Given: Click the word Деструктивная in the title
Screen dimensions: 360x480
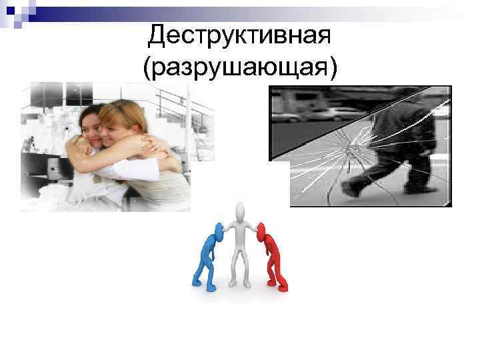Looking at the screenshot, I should coord(239,35).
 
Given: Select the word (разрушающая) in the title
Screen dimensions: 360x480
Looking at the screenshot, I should coord(239,67).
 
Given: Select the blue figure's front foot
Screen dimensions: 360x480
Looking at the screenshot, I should coord(197,282).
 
